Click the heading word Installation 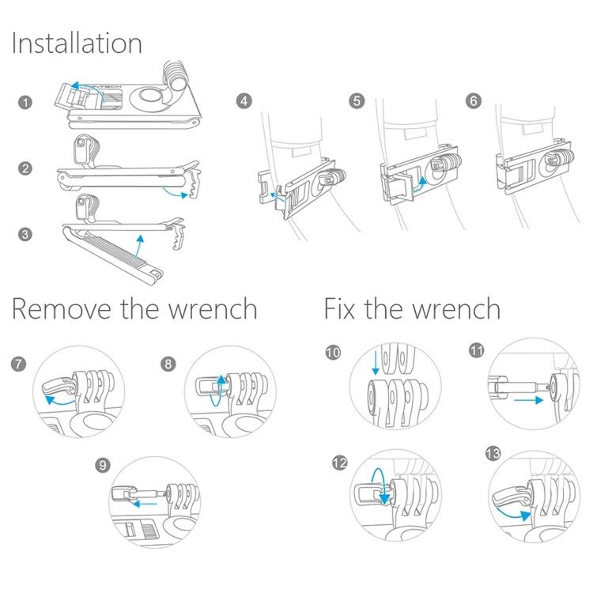coord(77,43)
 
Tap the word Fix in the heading coord(342,308)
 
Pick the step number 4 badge coord(244,102)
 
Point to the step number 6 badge coord(474,102)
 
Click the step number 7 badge coord(19,364)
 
